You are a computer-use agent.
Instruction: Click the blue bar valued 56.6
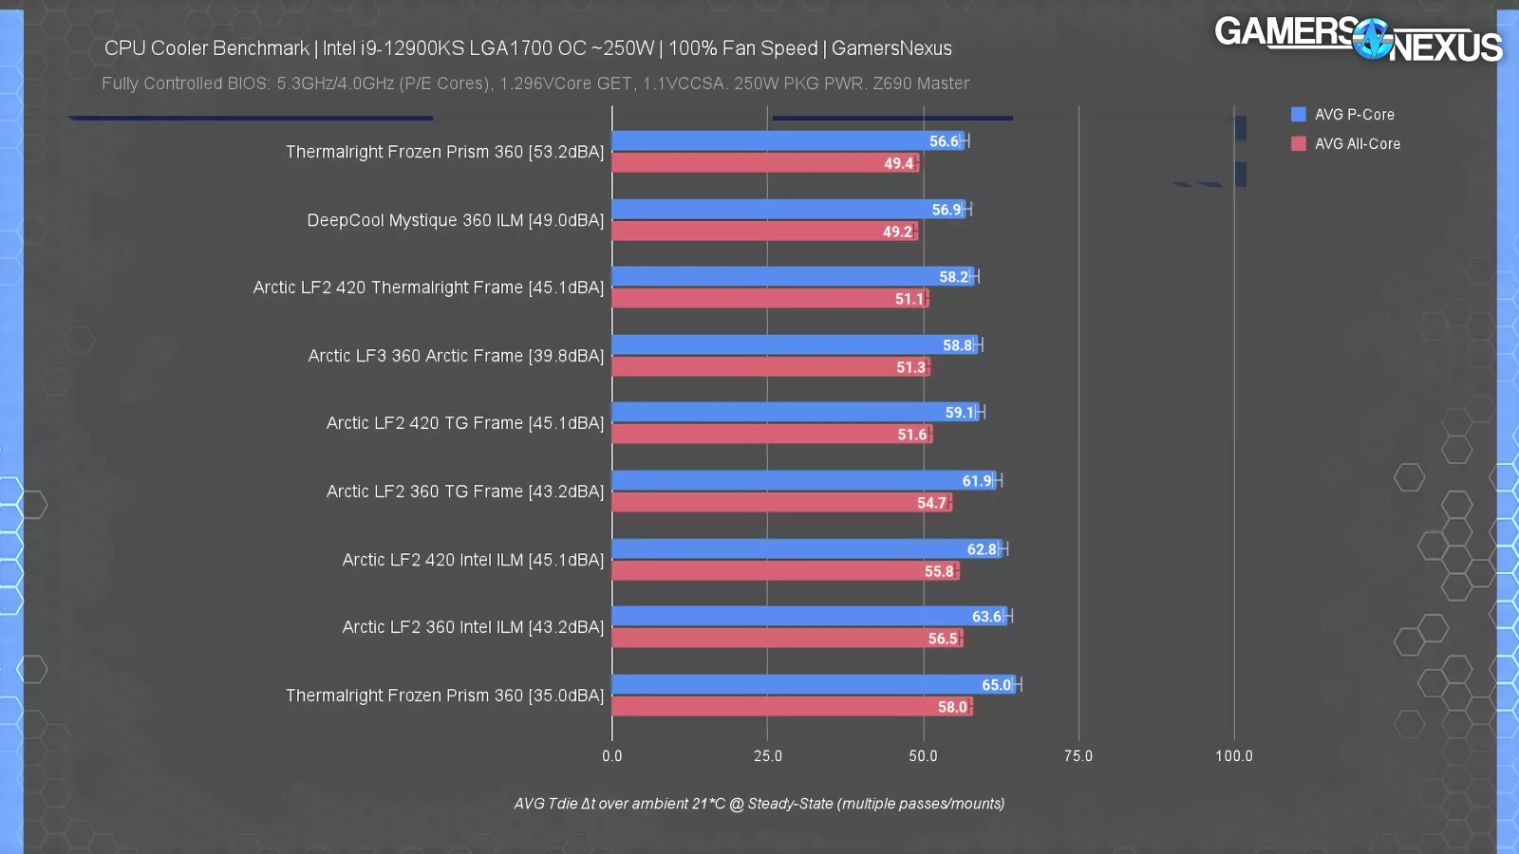coord(788,141)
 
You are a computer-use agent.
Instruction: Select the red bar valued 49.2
coord(764,232)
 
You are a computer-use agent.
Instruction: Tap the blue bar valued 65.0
coord(814,685)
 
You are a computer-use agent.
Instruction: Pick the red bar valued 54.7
coord(781,503)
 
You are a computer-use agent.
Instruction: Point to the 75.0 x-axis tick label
coord(1078,756)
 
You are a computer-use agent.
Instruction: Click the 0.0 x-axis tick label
coord(612,756)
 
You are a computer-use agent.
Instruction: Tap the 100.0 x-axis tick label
coord(1234,756)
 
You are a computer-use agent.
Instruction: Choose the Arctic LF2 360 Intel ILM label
coord(473,627)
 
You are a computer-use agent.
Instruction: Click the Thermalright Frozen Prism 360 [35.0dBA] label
coord(444,696)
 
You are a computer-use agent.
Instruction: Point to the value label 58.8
coord(957,345)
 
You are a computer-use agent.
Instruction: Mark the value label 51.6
coord(911,435)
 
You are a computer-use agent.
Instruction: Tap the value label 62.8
coord(982,549)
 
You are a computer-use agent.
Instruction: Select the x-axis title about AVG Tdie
coord(759,804)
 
